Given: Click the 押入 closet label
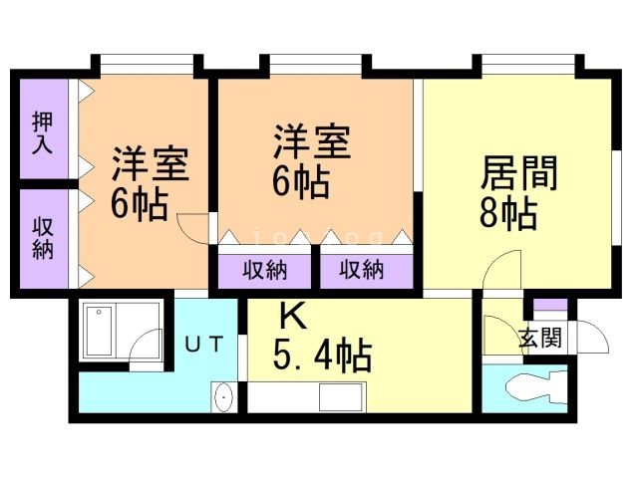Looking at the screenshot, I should pyautogui.click(x=42, y=132).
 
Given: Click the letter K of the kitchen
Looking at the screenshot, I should pyautogui.click(x=291, y=317).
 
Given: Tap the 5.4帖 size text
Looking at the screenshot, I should pyautogui.click(x=322, y=354).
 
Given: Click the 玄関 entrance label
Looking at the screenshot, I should pyautogui.click(x=539, y=338).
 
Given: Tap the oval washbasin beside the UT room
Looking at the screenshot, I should pyautogui.click(x=224, y=397).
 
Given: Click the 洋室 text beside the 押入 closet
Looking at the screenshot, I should pyautogui.click(x=150, y=163).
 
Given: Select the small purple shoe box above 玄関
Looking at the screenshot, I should pyautogui.click(x=549, y=303).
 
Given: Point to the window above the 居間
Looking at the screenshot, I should pyautogui.click(x=528, y=68).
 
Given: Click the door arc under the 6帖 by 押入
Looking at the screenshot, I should pyautogui.click(x=191, y=224).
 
